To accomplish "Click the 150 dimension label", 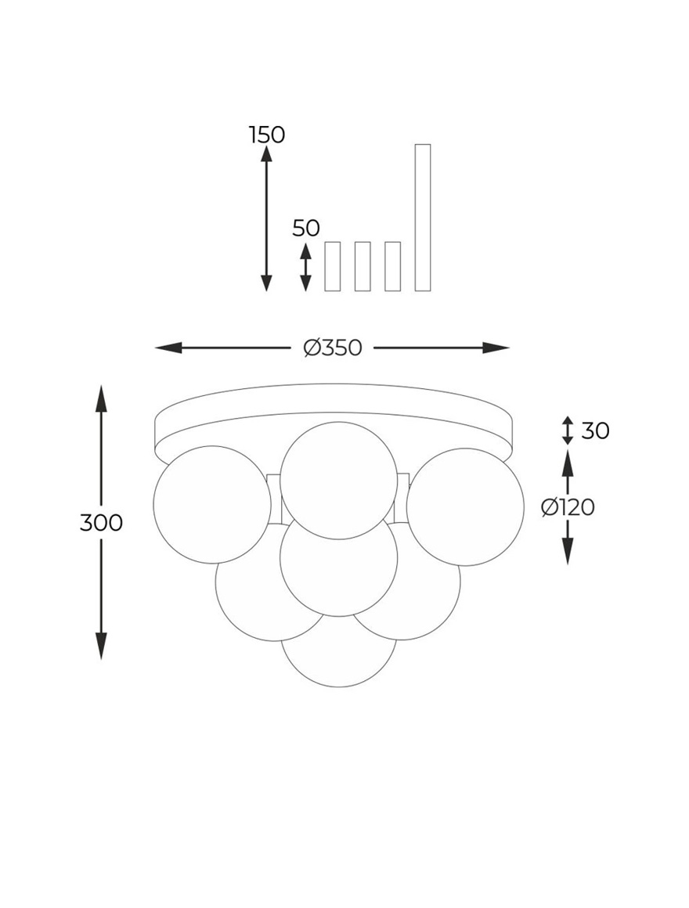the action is point(267,135).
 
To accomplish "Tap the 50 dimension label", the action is point(305,228).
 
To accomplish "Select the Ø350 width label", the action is point(333,348).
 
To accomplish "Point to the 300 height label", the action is point(101,523).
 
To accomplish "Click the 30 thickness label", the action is point(595,431).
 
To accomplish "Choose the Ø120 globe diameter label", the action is point(568,507).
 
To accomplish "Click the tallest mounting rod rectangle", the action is point(423,217).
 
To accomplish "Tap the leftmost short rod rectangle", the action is point(332,266).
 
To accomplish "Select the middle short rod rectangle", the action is point(363,266).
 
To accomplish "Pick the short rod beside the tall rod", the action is point(392,266).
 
